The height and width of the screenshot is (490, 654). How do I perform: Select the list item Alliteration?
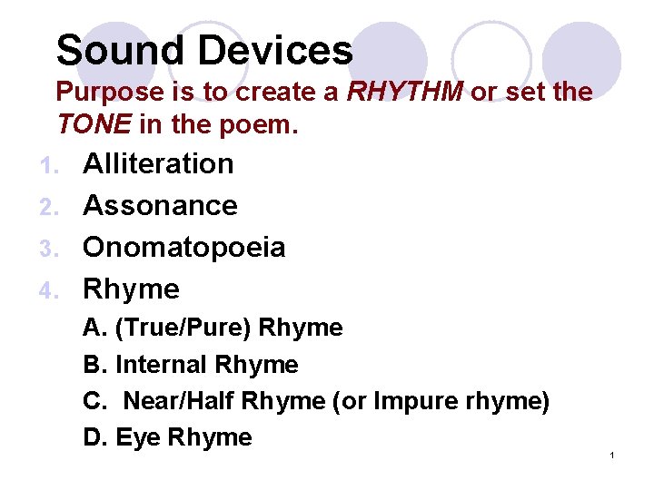(158, 164)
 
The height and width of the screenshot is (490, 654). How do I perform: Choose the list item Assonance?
(160, 206)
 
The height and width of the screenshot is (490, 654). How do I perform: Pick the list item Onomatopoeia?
(183, 248)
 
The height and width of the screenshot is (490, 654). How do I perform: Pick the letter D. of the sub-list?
(94, 437)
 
